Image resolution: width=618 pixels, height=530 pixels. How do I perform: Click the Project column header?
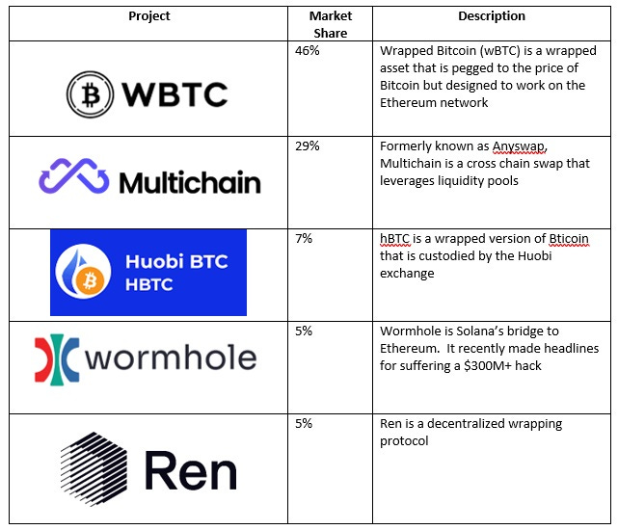tap(148, 16)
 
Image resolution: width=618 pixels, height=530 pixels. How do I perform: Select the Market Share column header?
tap(331, 24)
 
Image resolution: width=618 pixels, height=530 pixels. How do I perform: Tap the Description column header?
tap(492, 16)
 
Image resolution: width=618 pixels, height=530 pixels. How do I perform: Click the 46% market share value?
tap(308, 50)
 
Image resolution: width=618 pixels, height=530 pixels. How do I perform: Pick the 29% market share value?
tap(308, 145)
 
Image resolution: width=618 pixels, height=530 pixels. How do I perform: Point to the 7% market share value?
tap(304, 238)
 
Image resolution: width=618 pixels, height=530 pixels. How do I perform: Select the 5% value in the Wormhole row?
tap(304, 331)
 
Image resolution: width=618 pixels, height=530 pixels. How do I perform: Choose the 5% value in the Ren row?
tap(304, 423)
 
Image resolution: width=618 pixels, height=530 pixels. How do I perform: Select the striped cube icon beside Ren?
tap(92, 469)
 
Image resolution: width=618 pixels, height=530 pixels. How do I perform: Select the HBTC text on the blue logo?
tap(148, 286)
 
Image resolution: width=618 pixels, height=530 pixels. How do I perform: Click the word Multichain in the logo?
tap(190, 181)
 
